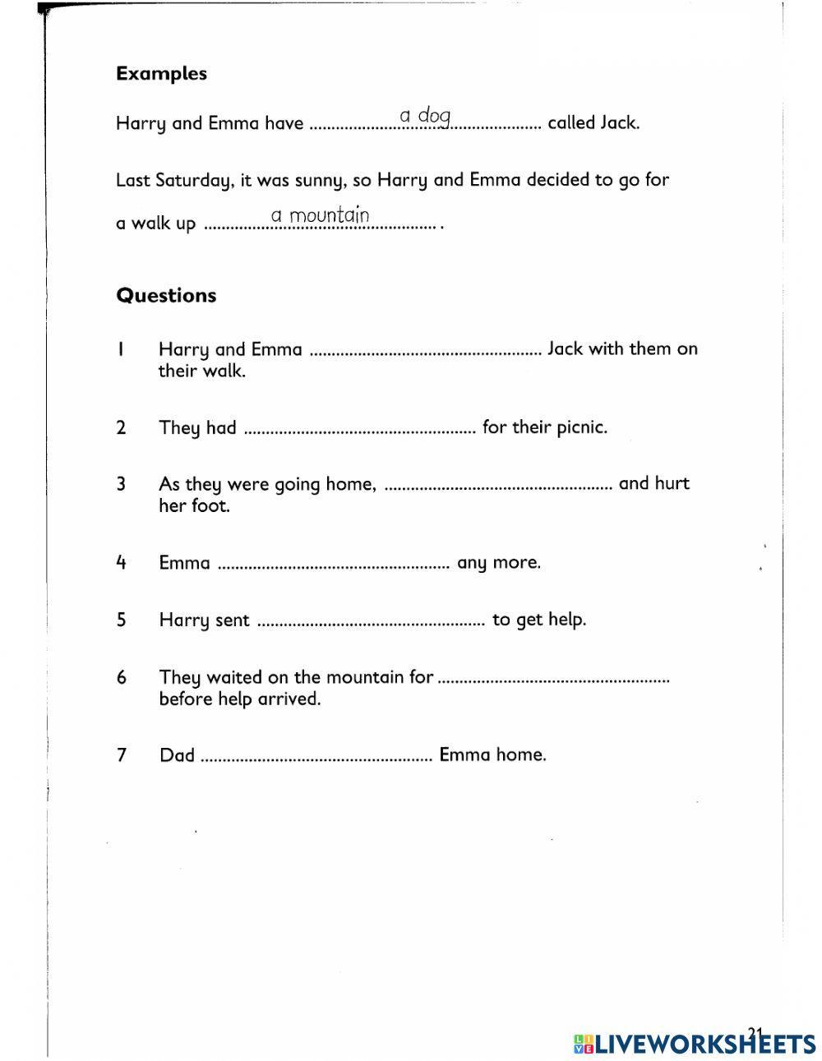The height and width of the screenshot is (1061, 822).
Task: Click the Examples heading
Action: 161,73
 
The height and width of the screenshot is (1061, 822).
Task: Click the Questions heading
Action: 166,295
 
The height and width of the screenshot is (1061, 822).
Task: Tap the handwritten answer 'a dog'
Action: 425,117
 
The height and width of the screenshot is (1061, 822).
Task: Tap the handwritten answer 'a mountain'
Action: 320,215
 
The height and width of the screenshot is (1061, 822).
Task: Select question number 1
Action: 121,349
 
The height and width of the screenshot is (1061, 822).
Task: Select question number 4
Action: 121,563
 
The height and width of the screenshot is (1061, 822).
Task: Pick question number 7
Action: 122,755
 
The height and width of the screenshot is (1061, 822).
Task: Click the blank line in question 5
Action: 371,622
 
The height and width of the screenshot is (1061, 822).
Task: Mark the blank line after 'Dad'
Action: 316,757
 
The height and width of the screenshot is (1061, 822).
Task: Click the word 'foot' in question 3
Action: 210,505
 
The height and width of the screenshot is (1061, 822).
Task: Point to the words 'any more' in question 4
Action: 498,564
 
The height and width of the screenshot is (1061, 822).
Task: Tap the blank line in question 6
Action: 554,680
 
